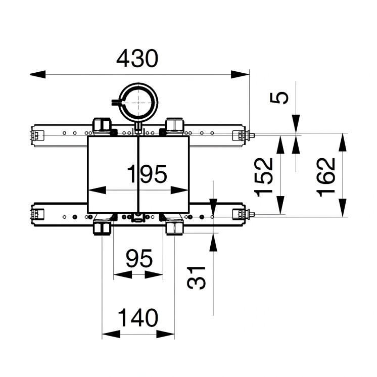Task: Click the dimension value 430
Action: click(137, 59)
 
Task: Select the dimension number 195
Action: click(147, 175)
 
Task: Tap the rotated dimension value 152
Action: click(263, 176)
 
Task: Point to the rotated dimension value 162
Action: click(326, 176)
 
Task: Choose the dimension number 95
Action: click(139, 259)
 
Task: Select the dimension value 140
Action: click(138, 318)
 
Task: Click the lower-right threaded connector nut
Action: click(174, 228)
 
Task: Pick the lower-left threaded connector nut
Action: click(103, 228)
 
